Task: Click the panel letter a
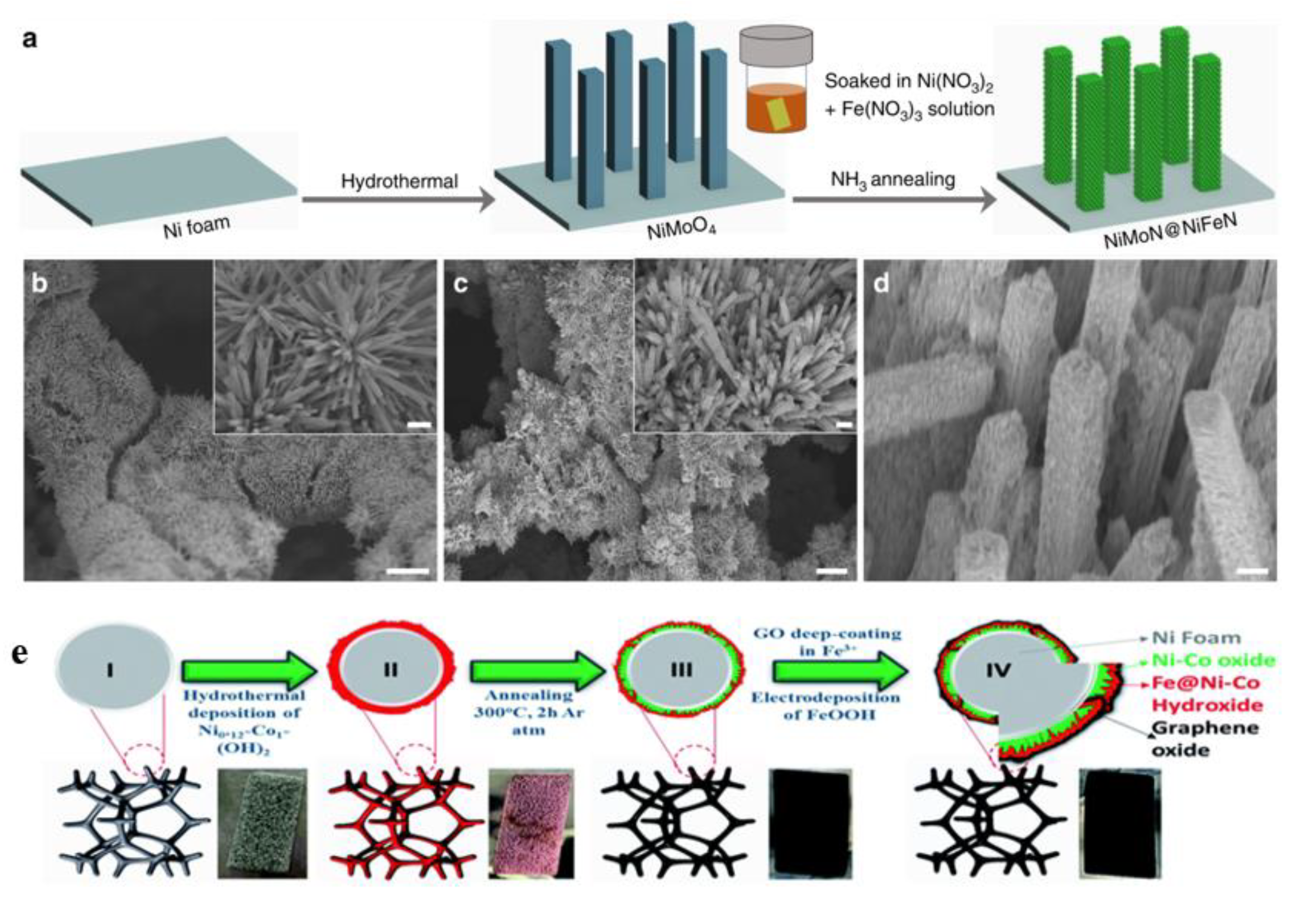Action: (30, 39)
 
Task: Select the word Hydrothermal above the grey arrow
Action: (399, 181)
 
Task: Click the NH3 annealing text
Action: (893, 181)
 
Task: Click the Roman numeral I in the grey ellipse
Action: (110, 671)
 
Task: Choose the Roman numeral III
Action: (681, 670)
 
